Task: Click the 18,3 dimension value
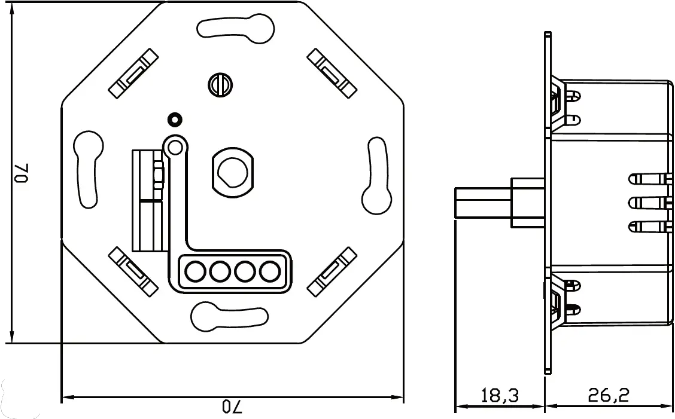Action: [x=499, y=395]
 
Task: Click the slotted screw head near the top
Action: [x=220, y=84]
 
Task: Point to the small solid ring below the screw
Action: [x=175, y=120]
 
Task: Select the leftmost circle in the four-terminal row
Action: [x=194, y=272]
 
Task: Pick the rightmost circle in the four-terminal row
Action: [x=269, y=272]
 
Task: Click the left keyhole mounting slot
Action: [x=87, y=169]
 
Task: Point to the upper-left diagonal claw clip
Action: [x=134, y=74]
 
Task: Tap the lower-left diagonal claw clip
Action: [x=134, y=272]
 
